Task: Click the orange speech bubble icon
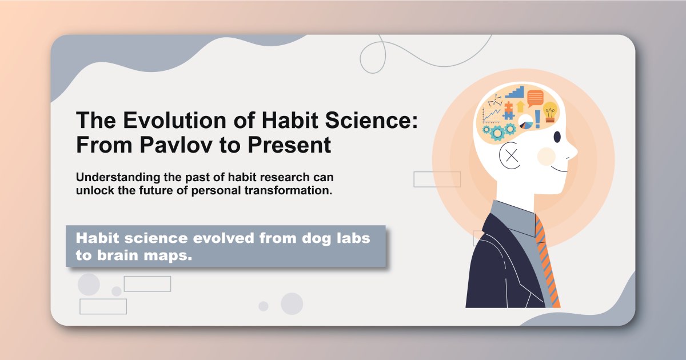pyautogui.click(x=535, y=98)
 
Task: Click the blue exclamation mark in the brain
pyautogui.click(x=537, y=119)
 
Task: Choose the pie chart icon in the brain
pyautogui.click(x=525, y=121)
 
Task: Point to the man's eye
pyautogui.click(x=557, y=137)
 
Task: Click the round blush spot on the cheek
pyautogui.click(x=547, y=155)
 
